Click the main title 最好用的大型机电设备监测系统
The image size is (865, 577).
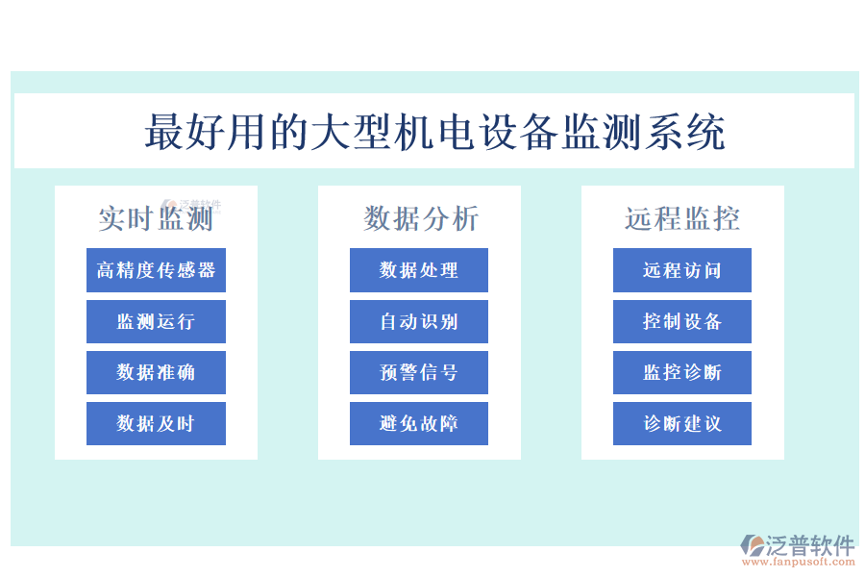pyautogui.click(x=434, y=132)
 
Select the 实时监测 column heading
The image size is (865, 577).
pyautogui.click(x=156, y=219)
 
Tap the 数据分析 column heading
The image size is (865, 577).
pyautogui.click(x=420, y=219)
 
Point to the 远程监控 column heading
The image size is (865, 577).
pyautogui.click(x=682, y=219)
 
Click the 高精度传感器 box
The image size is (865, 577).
pyautogui.click(x=156, y=270)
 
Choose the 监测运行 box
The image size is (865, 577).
pyautogui.click(x=156, y=321)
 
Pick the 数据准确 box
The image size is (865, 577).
pyautogui.click(x=156, y=372)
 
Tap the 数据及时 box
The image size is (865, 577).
pyautogui.click(x=156, y=423)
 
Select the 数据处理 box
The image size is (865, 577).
pyautogui.click(x=419, y=270)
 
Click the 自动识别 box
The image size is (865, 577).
pyautogui.click(x=419, y=321)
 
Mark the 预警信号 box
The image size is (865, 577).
pyautogui.click(x=419, y=372)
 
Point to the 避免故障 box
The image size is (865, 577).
pyautogui.click(x=419, y=423)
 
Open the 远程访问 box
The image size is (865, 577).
pyautogui.click(x=682, y=270)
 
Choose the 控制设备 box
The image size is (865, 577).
pyautogui.click(x=682, y=321)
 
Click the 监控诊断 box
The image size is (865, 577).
pyautogui.click(x=682, y=372)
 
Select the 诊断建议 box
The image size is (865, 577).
pyautogui.click(x=682, y=423)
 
